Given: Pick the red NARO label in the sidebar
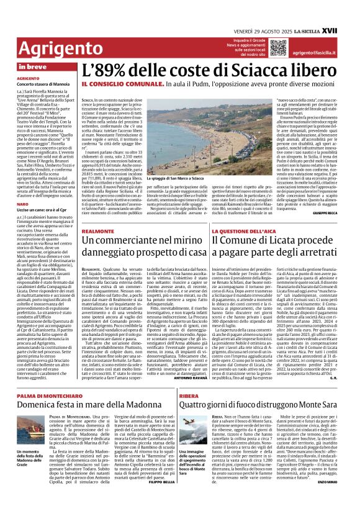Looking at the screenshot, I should (23, 204).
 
